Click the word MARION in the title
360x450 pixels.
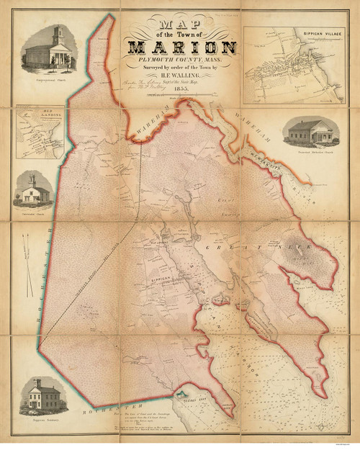click(x=179, y=48)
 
